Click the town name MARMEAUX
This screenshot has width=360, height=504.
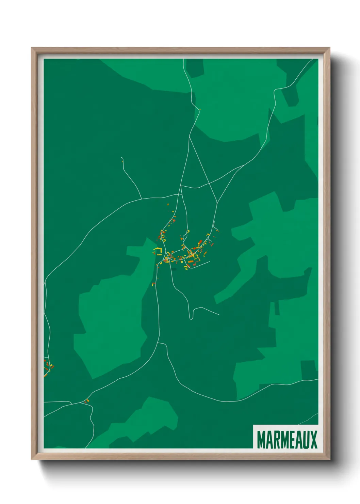(287, 439)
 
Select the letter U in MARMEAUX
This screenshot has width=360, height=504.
(306, 439)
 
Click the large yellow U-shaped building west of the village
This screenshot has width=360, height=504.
(158, 252)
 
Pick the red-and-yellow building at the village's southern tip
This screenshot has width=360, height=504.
(153, 284)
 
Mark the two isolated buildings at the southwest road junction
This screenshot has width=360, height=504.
(86, 401)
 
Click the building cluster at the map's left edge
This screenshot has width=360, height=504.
(47, 368)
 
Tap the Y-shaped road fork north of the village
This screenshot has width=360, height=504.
(190, 137)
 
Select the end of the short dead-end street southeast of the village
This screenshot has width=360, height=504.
(209, 262)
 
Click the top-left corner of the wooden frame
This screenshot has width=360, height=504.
(32, 48)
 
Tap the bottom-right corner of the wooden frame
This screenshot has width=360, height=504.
(329, 459)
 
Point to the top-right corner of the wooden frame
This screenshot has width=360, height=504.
(329, 48)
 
